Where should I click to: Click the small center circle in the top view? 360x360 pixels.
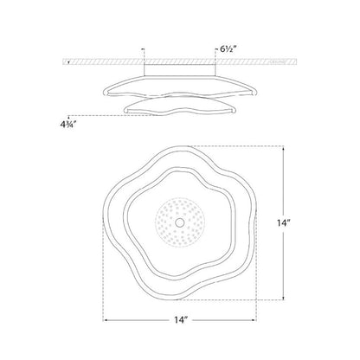180,222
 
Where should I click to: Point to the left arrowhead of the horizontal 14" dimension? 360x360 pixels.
106,321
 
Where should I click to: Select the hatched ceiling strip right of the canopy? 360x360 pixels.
260,63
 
